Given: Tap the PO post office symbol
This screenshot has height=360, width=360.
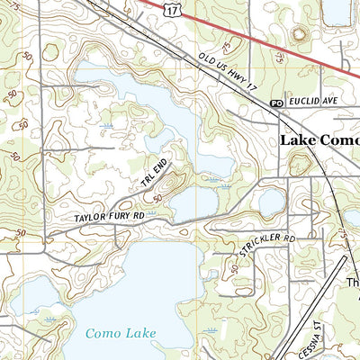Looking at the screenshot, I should (x=276, y=104).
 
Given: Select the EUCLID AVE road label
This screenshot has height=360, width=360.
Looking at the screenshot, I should (x=310, y=103).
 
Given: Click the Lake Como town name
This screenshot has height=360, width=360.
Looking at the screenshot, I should (x=319, y=140).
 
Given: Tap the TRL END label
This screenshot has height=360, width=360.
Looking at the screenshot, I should (x=155, y=173).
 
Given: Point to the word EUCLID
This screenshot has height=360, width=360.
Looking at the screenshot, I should (x=303, y=103).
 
